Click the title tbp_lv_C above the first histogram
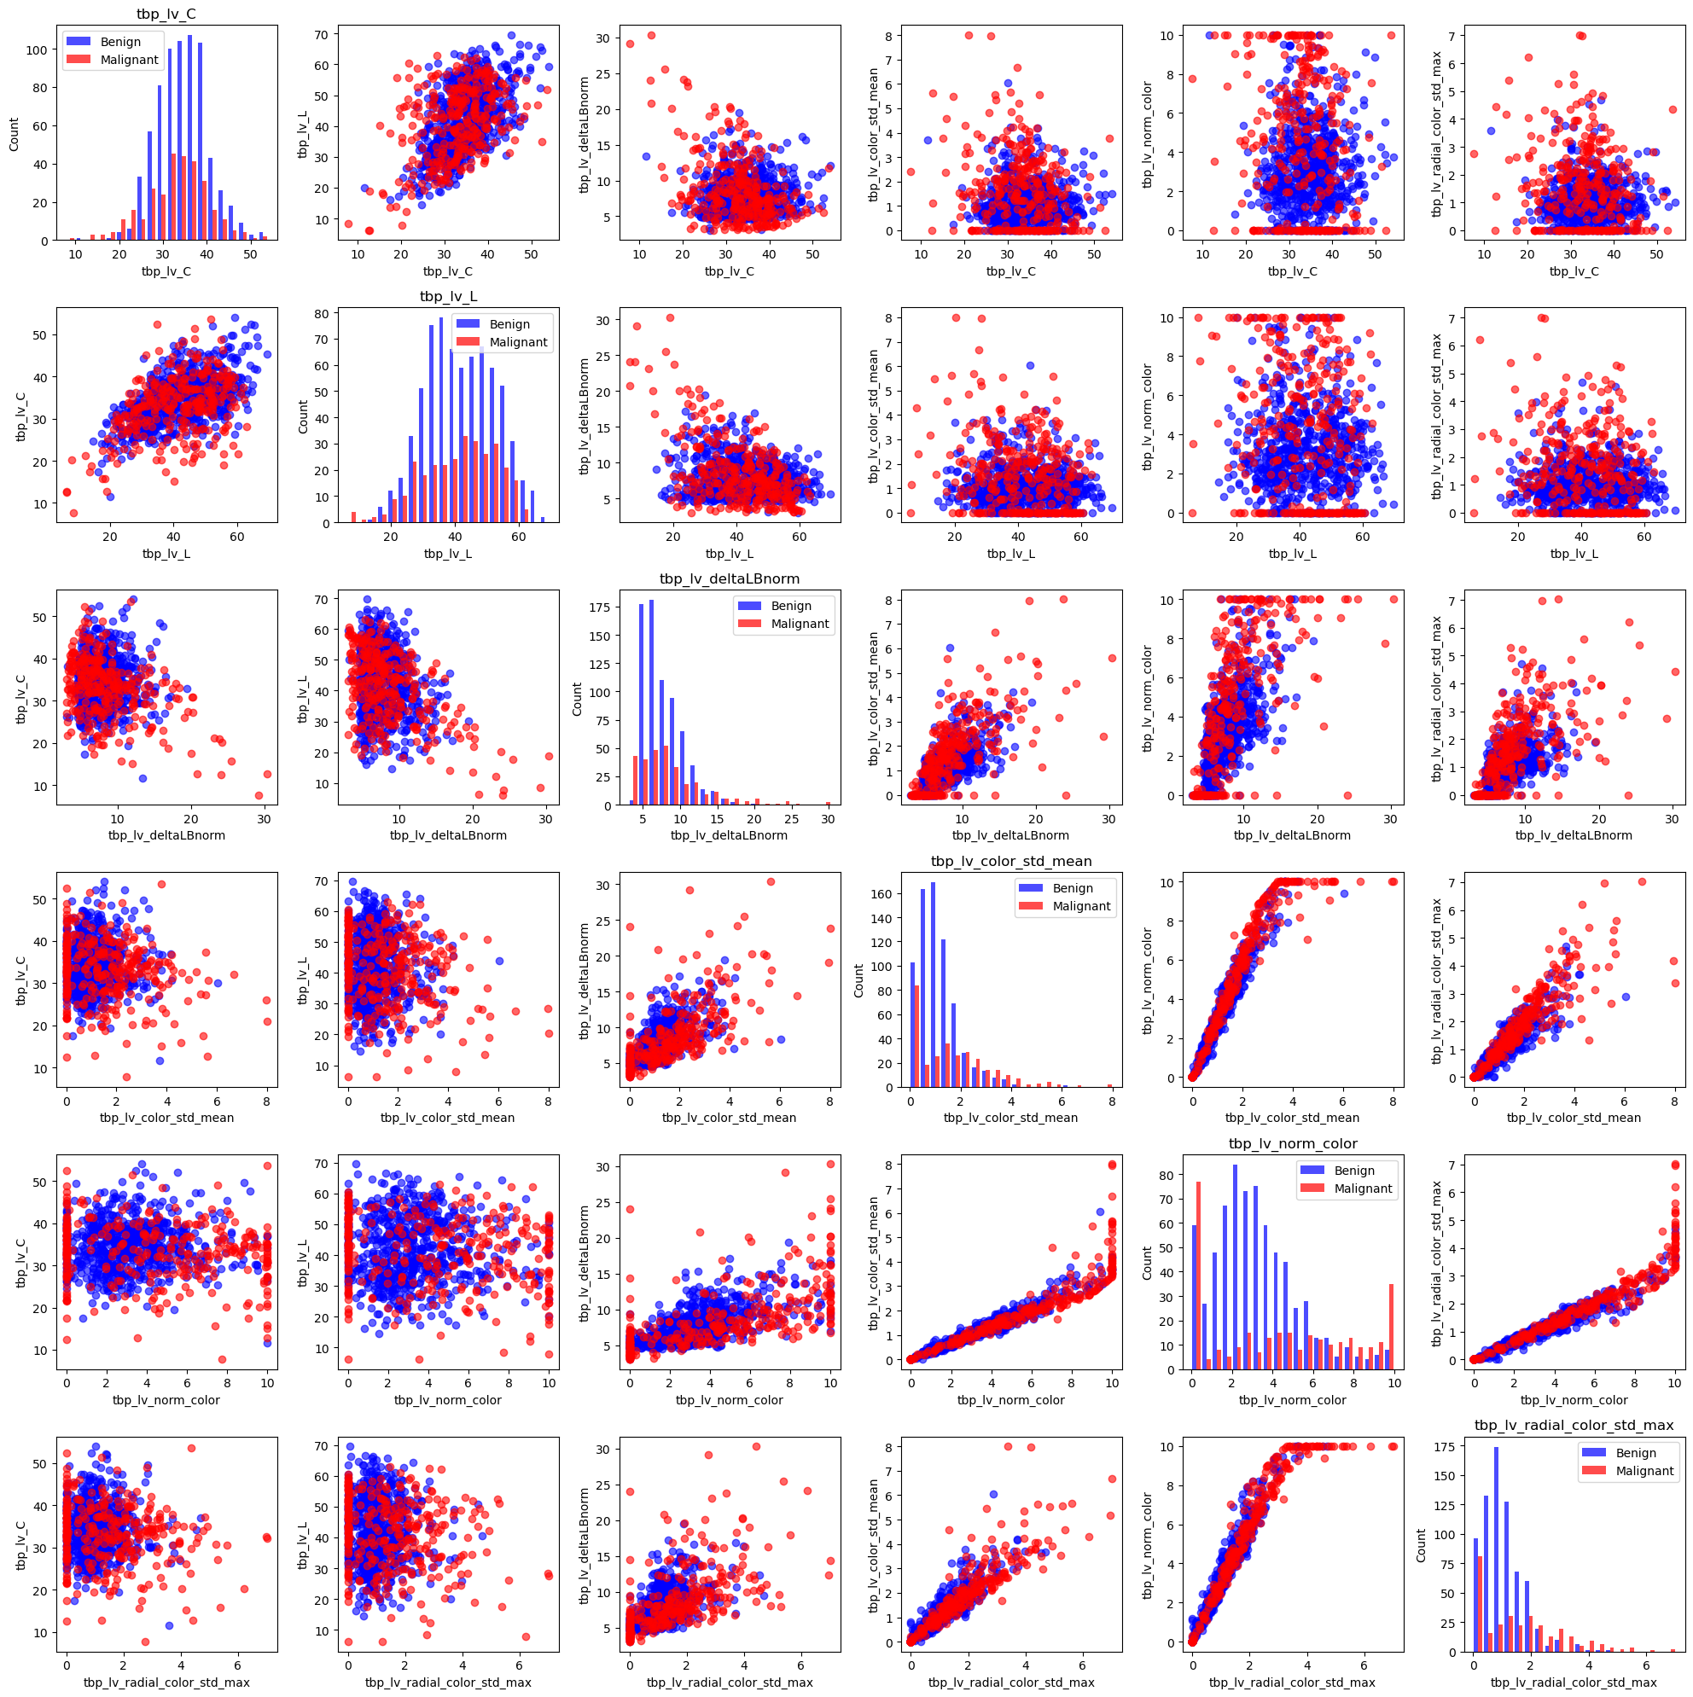[167, 14]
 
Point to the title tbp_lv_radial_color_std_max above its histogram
[1574, 1425]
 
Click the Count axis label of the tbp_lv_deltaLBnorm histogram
[577, 698]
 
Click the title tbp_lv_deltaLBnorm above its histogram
[730, 578]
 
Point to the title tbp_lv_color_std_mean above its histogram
[1011, 861]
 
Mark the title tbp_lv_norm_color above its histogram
[1293, 1143]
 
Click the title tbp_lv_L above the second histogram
[448, 297]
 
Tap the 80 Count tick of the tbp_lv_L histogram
[323, 314]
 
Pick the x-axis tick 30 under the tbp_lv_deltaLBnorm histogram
[828, 818]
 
